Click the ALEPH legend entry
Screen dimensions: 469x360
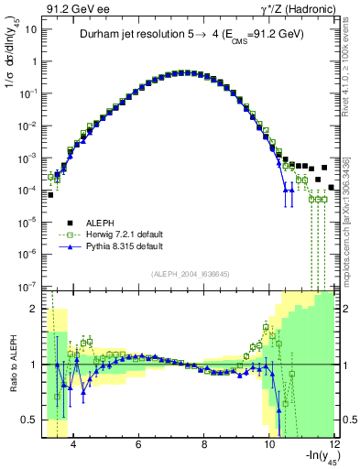click(99, 223)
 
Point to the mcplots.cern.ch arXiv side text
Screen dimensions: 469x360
click(351, 220)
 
